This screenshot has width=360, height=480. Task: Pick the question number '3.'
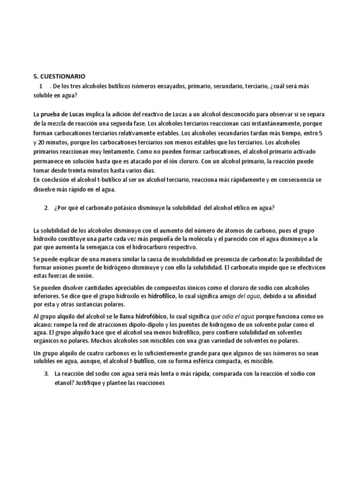click(x=46, y=375)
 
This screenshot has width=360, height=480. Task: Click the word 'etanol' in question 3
click(x=65, y=383)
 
